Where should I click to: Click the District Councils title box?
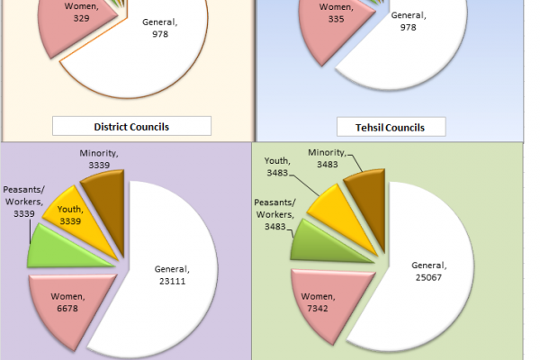(x=131, y=126)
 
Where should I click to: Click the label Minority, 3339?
(x=100, y=159)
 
